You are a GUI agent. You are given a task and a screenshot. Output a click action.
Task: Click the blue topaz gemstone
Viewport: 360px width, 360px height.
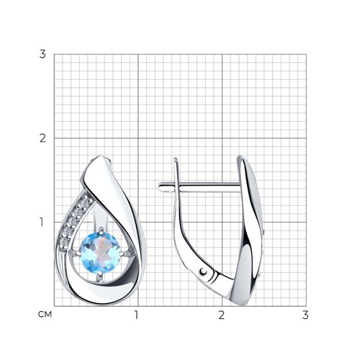(100, 252)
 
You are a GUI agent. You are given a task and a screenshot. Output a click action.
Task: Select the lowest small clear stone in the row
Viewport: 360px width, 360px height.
(63, 241)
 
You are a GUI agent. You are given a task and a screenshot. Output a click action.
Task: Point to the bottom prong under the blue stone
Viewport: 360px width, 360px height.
(100, 276)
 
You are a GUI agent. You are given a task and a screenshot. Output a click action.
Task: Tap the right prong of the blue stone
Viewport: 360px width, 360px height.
(125, 253)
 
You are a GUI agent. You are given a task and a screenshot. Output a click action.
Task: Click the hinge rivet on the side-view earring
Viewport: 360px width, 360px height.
(204, 271)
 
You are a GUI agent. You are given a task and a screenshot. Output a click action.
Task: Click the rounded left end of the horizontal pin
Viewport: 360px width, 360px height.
(160, 186)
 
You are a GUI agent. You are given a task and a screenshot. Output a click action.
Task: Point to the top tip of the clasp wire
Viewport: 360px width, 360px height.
(176, 159)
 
